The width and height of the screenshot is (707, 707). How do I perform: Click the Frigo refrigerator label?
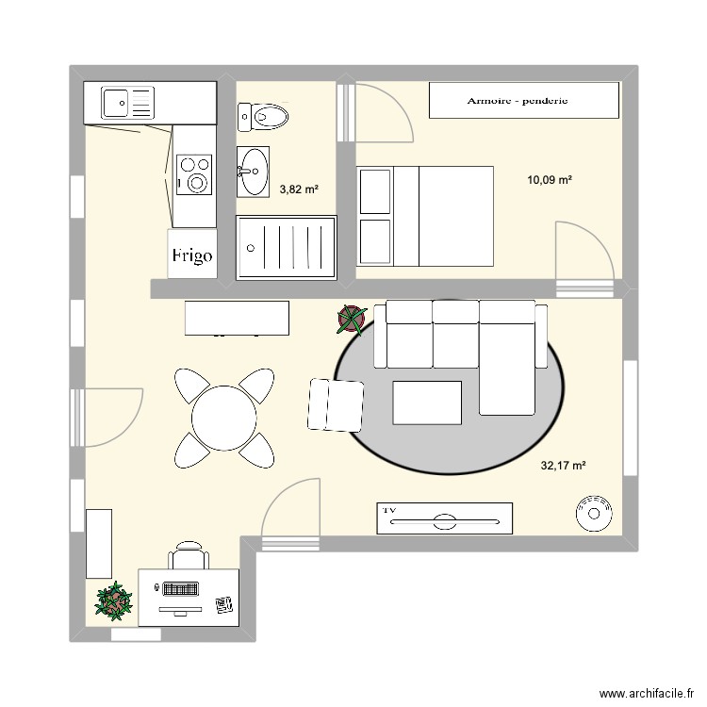(191, 255)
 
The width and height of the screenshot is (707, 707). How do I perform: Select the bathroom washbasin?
(253, 171)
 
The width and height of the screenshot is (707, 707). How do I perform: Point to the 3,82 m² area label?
(299, 189)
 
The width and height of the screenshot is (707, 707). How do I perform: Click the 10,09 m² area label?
(551, 180)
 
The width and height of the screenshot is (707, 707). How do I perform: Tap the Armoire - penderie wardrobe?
(523, 100)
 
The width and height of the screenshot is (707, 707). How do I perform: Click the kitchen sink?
(119, 102)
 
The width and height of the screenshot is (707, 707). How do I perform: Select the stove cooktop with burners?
(195, 174)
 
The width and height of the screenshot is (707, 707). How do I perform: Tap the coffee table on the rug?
(427, 403)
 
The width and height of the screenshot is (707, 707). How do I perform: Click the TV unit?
(444, 518)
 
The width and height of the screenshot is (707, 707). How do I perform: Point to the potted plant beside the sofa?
(352, 321)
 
